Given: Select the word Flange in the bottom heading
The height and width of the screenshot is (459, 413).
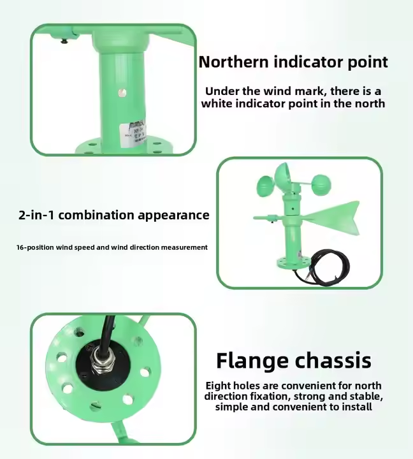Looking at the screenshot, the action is pos(252,361).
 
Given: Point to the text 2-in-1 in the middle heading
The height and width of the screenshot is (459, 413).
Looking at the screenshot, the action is pos(36,215).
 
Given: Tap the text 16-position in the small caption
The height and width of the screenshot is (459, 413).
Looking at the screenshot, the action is pos(35,247).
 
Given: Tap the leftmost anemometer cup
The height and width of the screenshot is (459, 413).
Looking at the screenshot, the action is pos(266,185).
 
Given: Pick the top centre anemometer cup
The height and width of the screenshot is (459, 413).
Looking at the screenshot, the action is pos(283,174).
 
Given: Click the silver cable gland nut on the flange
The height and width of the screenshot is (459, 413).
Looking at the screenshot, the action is pos(99,364).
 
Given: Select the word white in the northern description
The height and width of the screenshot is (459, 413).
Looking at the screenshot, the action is pos(217,104).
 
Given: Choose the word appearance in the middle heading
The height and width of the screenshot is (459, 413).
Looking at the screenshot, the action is pos(173,215).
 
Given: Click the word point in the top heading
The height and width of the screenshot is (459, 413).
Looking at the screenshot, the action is pos(368,62).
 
